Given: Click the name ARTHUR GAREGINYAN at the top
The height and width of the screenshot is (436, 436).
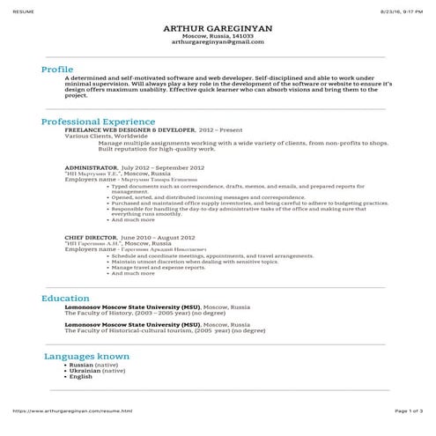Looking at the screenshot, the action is [x=218, y=28].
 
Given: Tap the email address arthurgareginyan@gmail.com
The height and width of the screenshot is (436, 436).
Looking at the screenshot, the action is [x=218, y=42].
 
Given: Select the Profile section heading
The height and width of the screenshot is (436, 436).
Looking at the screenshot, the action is [x=58, y=68].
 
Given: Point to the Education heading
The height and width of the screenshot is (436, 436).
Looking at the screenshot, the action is [x=65, y=299].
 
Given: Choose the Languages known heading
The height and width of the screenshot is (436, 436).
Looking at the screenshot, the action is [x=87, y=356].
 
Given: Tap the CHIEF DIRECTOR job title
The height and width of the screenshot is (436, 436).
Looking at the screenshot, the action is [x=91, y=237].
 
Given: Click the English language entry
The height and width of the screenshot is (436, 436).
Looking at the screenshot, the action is [x=80, y=377].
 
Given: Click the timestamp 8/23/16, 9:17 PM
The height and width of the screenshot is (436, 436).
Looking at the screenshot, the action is [x=402, y=5].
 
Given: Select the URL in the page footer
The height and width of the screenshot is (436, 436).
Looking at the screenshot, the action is [x=72, y=410].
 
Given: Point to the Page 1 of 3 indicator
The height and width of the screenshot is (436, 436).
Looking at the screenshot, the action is [x=409, y=410].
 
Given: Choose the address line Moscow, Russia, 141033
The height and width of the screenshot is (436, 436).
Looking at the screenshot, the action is [x=218, y=36].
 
